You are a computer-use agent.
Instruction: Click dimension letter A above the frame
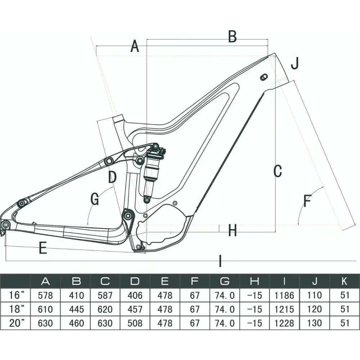[x=135, y=46]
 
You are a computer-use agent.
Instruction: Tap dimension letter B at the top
[x=233, y=36]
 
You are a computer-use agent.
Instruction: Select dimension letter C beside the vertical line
[x=277, y=171]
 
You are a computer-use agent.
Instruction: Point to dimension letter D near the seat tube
[x=112, y=177]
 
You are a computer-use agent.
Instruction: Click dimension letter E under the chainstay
[x=43, y=248]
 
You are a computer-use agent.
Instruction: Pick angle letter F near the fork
[x=307, y=201]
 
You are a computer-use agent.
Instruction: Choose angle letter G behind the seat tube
[x=95, y=199]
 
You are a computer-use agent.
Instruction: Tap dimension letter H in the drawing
[x=233, y=230]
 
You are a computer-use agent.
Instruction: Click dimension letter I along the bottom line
[x=220, y=261]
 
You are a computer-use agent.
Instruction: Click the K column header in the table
[x=345, y=281]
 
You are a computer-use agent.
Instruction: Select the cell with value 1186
[x=284, y=296]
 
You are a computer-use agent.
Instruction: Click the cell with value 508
[x=135, y=323]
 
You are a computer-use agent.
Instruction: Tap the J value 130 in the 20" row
[x=315, y=323]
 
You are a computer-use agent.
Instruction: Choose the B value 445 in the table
[x=75, y=309]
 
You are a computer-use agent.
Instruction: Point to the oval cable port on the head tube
[x=264, y=77]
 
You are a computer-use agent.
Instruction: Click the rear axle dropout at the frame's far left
[x=5, y=225]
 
